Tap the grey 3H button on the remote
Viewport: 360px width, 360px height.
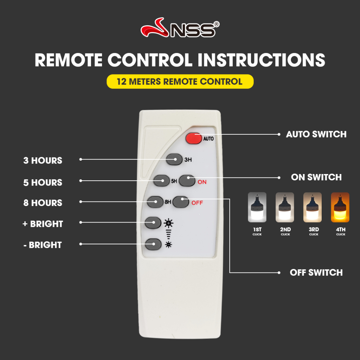pyautogui.click(x=174, y=159)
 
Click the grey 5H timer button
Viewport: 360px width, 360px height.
pyautogui.click(x=161, y=181)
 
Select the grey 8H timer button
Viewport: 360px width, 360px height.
pyautogui.click(x=155, y=202)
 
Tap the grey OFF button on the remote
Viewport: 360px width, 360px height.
pyautogui.click(x=181, y=202)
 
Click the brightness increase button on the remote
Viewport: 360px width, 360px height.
pyautogui.click(x=153, y=223)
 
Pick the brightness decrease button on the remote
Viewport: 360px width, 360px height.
pyautogui.click(x=153, y=244)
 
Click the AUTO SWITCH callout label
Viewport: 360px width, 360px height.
pyautogui.click(x=316, y=134)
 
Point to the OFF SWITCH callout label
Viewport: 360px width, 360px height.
pyautogui.click(x=316, y=272)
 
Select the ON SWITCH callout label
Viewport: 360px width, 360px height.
pyautogui.click(x=316, y=177)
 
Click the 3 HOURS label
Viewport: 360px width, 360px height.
pyautogui.click(x=43, y=160)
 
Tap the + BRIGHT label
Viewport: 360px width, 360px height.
pyautogui.click(x=43, y=224)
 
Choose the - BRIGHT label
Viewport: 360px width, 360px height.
pyautogui.click(x=43, y=245)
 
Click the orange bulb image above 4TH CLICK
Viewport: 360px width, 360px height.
pyautogui.click(x=340, y=207)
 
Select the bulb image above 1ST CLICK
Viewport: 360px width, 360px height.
pyautogui.click(x=257, y=207)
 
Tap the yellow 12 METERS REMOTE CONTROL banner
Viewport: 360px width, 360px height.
pyautogui.click(x=180, y=82)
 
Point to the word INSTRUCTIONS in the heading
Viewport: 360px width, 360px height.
pyautogui.click(x=261, y=60)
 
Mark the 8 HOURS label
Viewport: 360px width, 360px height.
pyautogui.click(x=43, y=203)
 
